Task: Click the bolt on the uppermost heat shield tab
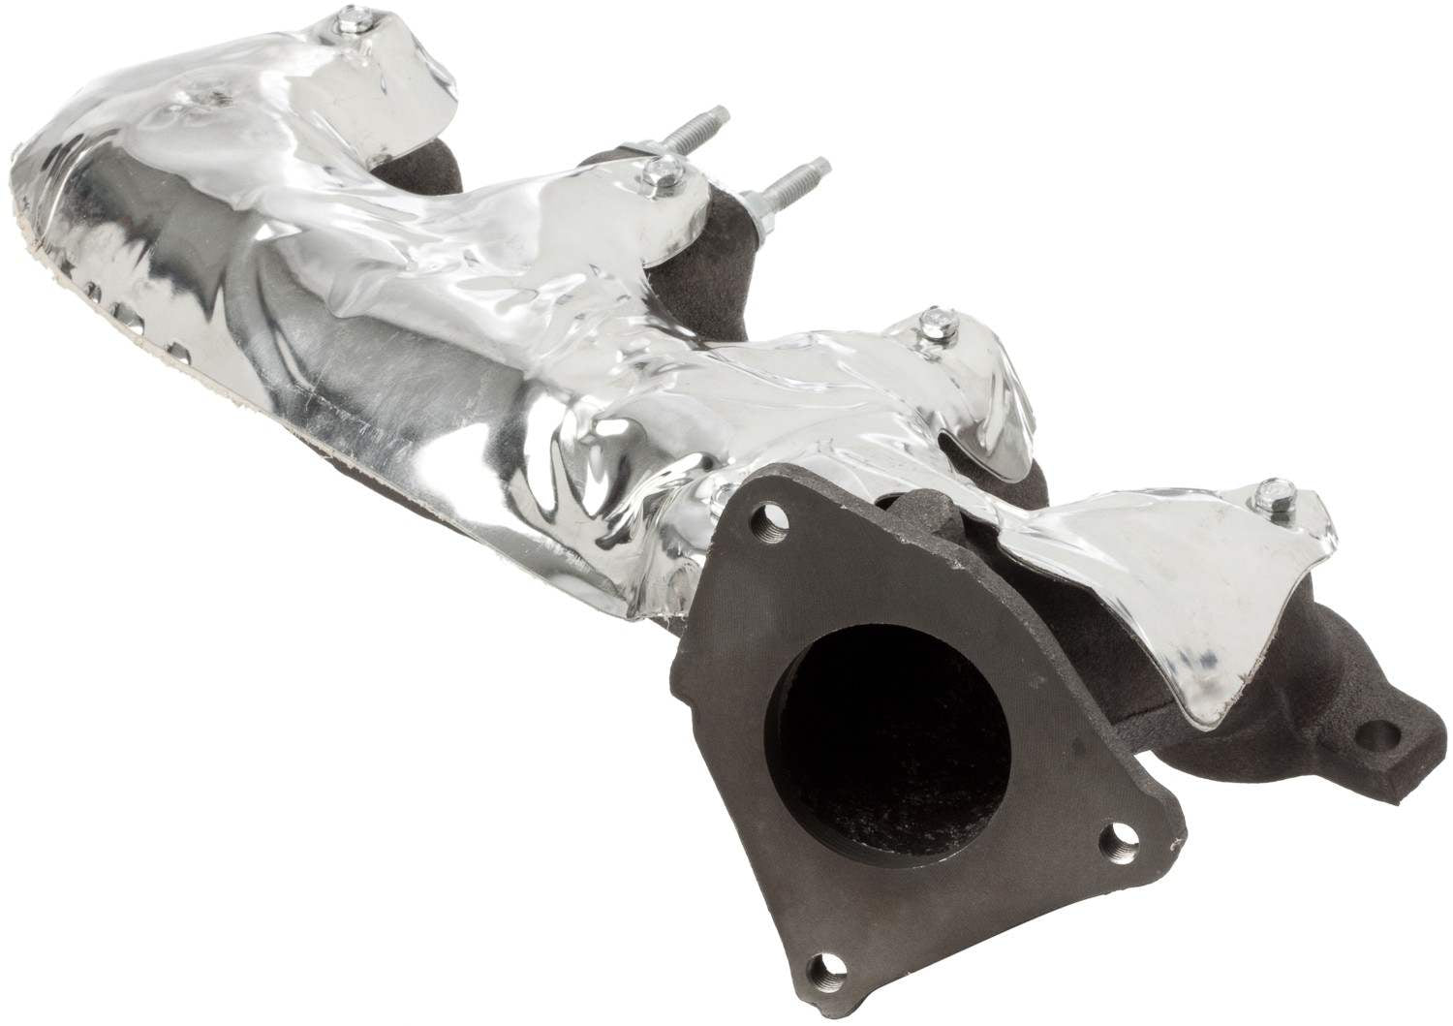click(x=374, y=21)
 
